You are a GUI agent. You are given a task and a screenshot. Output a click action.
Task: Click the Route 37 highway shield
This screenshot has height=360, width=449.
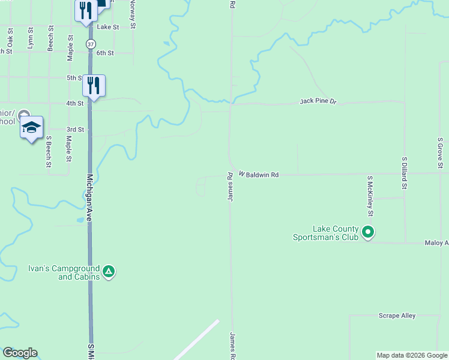90,44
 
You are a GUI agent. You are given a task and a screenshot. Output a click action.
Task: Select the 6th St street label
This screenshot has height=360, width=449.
105,53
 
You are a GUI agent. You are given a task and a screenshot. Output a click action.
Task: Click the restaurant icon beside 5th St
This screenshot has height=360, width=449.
93,85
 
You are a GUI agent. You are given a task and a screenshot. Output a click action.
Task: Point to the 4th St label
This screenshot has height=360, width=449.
74,103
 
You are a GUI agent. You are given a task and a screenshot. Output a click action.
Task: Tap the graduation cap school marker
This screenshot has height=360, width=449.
31,127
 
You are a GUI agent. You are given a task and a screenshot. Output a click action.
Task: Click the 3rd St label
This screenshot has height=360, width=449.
74,129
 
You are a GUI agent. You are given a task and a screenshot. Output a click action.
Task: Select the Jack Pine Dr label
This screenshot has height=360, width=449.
319,101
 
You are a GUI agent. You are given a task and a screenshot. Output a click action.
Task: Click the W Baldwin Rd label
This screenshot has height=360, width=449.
259,175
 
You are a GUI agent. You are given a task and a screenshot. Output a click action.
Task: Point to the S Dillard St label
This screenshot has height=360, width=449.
405,173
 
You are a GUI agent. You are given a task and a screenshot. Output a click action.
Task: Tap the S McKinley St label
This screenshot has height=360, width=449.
370,196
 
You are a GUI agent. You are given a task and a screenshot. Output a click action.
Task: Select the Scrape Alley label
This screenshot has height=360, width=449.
397,316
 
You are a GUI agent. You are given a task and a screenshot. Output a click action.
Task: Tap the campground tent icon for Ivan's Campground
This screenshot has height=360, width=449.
109,272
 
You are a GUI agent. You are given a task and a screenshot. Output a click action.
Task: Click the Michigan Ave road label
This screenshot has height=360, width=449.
89,199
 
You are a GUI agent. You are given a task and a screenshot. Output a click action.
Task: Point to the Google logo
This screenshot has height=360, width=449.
20,353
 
